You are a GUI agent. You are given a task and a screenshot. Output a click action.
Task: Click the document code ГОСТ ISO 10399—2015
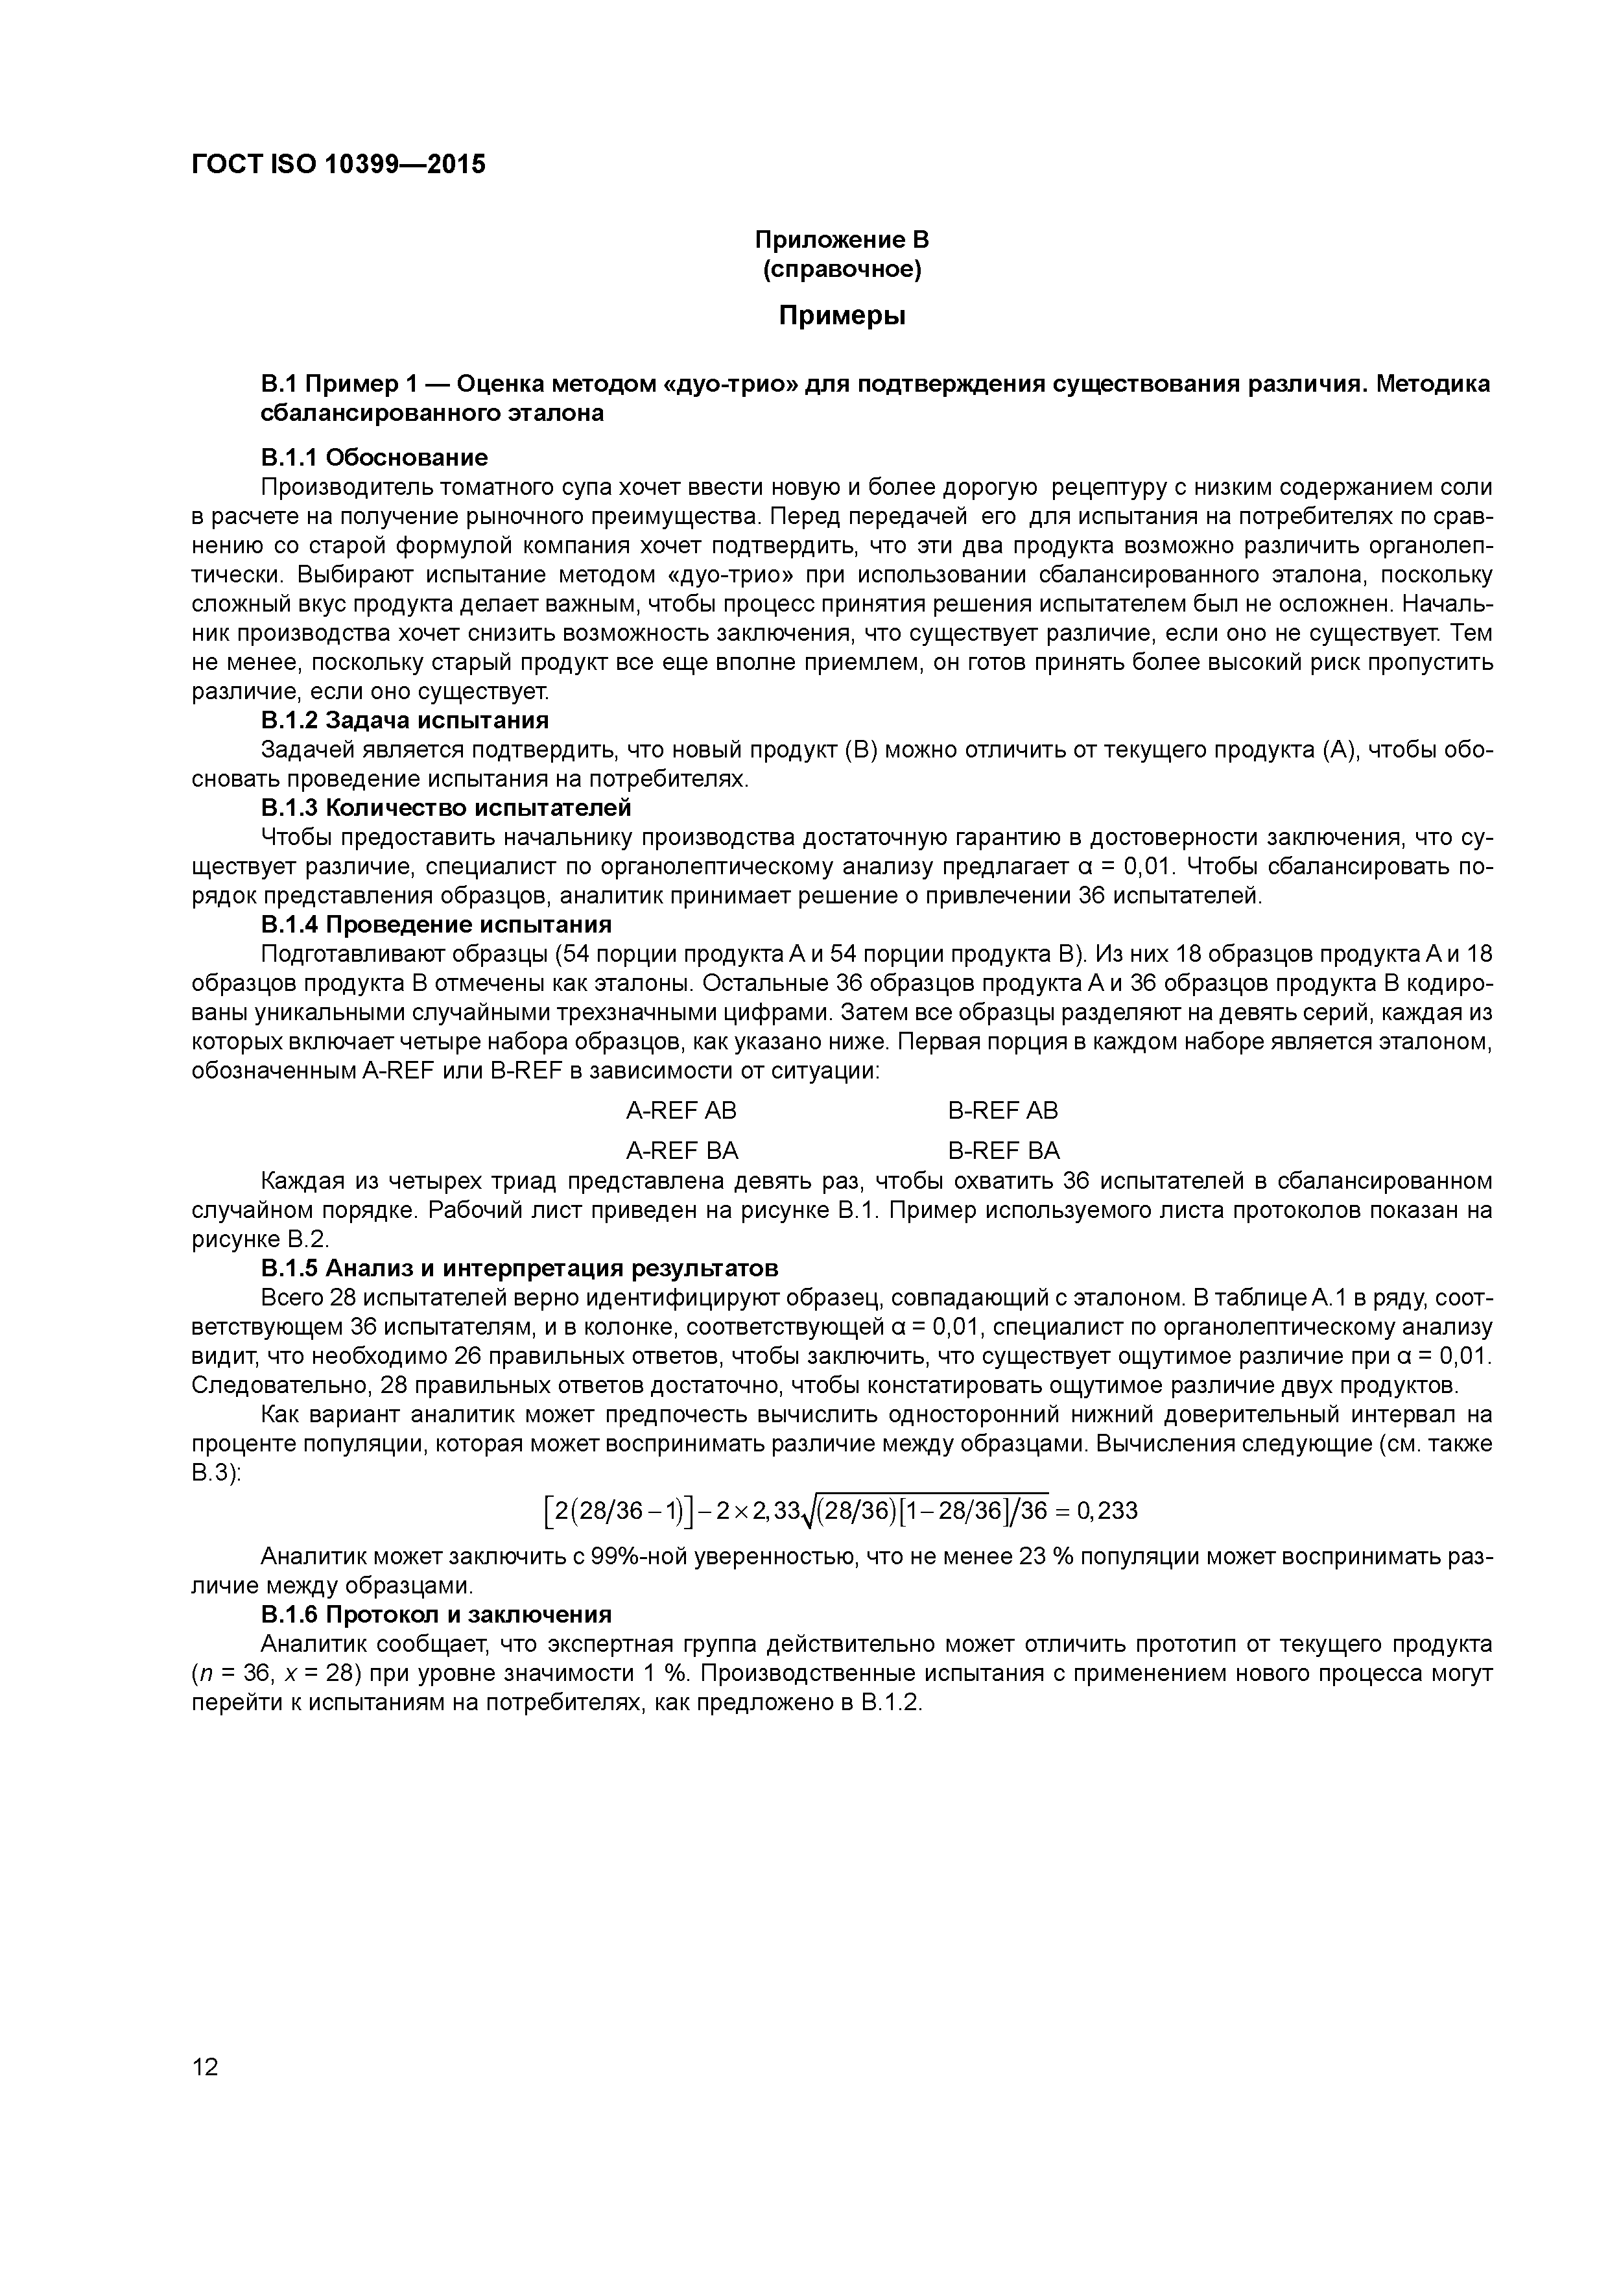tap(338, 165)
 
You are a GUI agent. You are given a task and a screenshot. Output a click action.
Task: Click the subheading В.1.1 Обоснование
tap(375, 458)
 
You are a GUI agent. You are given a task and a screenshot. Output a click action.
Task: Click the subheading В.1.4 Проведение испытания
tap(436, 925)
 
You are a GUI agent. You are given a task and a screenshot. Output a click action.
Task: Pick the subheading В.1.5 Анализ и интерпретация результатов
tap(519, 1269)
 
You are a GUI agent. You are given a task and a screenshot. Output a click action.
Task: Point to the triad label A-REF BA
tap(681, 1150)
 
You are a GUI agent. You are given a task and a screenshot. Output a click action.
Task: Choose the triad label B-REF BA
tap(1002, 1150)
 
